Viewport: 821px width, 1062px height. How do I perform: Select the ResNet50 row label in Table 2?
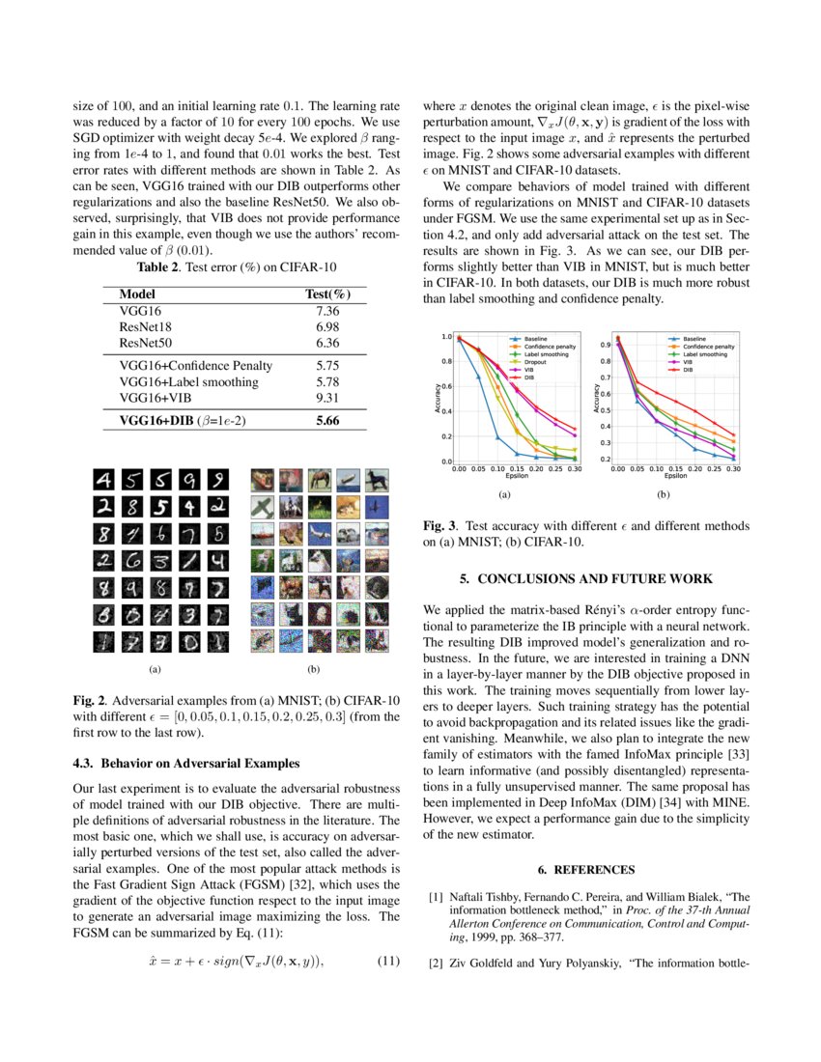(x=146, y=343)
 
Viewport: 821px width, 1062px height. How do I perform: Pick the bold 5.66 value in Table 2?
(x=328, y=421)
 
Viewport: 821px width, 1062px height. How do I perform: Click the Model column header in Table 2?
(x=136, y=293)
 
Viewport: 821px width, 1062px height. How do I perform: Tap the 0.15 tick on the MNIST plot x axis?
(x=516, y=468)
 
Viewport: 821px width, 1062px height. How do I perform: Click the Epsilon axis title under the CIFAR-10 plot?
(x=675, y=476)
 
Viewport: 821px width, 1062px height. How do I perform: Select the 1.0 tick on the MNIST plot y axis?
(x=446, y=337)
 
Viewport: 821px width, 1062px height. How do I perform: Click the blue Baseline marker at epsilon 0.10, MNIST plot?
(x=497, y=437)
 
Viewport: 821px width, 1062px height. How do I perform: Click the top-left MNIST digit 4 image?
(x=103, y=480)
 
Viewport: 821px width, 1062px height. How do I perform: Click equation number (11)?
(x=387, y=961)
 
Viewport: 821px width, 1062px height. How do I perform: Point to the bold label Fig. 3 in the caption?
(x=441, y=526)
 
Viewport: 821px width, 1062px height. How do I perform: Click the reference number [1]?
(x=436, y=897)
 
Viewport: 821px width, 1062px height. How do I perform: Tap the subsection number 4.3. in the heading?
(x=88, y=764)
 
